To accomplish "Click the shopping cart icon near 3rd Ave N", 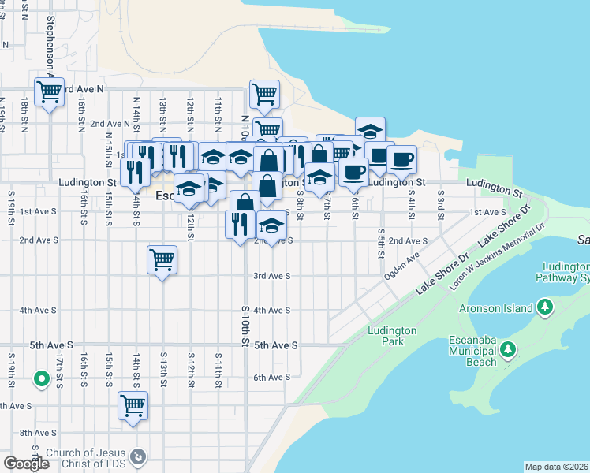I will click(x=49, y=92).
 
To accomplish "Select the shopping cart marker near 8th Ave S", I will click(x=133, y=406).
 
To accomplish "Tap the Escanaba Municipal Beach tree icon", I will click(x=509, y=348).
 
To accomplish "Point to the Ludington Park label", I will click(x=386, y=336).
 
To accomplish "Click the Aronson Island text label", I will click(x=496, y=309).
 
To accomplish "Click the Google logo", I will click(x=26, y=464).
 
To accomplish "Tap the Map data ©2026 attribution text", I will click(x=555, y=467).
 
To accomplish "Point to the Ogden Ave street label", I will click(x=401, y=266).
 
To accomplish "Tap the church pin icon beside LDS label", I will click(x=138, y=456).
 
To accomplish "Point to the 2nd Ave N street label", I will click(x=110, y=124).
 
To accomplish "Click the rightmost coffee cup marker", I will click(x=401, y=158).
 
